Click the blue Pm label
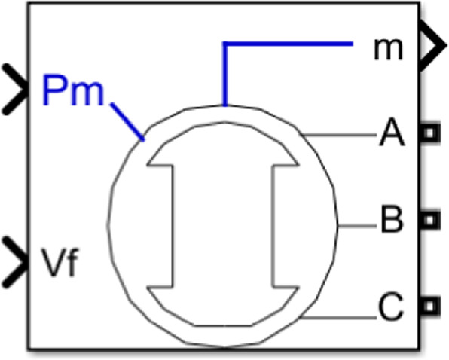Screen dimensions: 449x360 tap(73, 90)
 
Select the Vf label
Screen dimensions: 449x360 tap(60, 262)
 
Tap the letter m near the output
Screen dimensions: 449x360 tap(388, 49)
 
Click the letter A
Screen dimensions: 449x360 tap(392, 133)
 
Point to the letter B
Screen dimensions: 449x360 tap(392, 218)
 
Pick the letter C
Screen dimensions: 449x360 tap(391, 307)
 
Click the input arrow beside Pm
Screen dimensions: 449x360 tap(15, 90)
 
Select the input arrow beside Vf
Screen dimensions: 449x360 tap(15, 262)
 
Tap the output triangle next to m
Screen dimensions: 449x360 tap(433, 45)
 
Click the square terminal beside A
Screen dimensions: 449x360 tap(430, 133)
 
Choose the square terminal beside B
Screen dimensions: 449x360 tap(430, 220)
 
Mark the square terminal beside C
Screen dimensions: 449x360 tap(430, 307)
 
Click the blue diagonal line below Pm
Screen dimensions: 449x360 tap(127, 121)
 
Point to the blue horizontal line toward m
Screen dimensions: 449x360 tap(288, 44)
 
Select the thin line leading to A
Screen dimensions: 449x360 tap(338, 135)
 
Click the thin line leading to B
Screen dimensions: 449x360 tap(357, 227)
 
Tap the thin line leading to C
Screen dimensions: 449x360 tap(338, 317)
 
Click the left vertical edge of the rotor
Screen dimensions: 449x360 tap(173, 226)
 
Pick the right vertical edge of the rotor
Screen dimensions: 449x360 tap(273, 226)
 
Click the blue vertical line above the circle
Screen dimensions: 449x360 tap(225, 74)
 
